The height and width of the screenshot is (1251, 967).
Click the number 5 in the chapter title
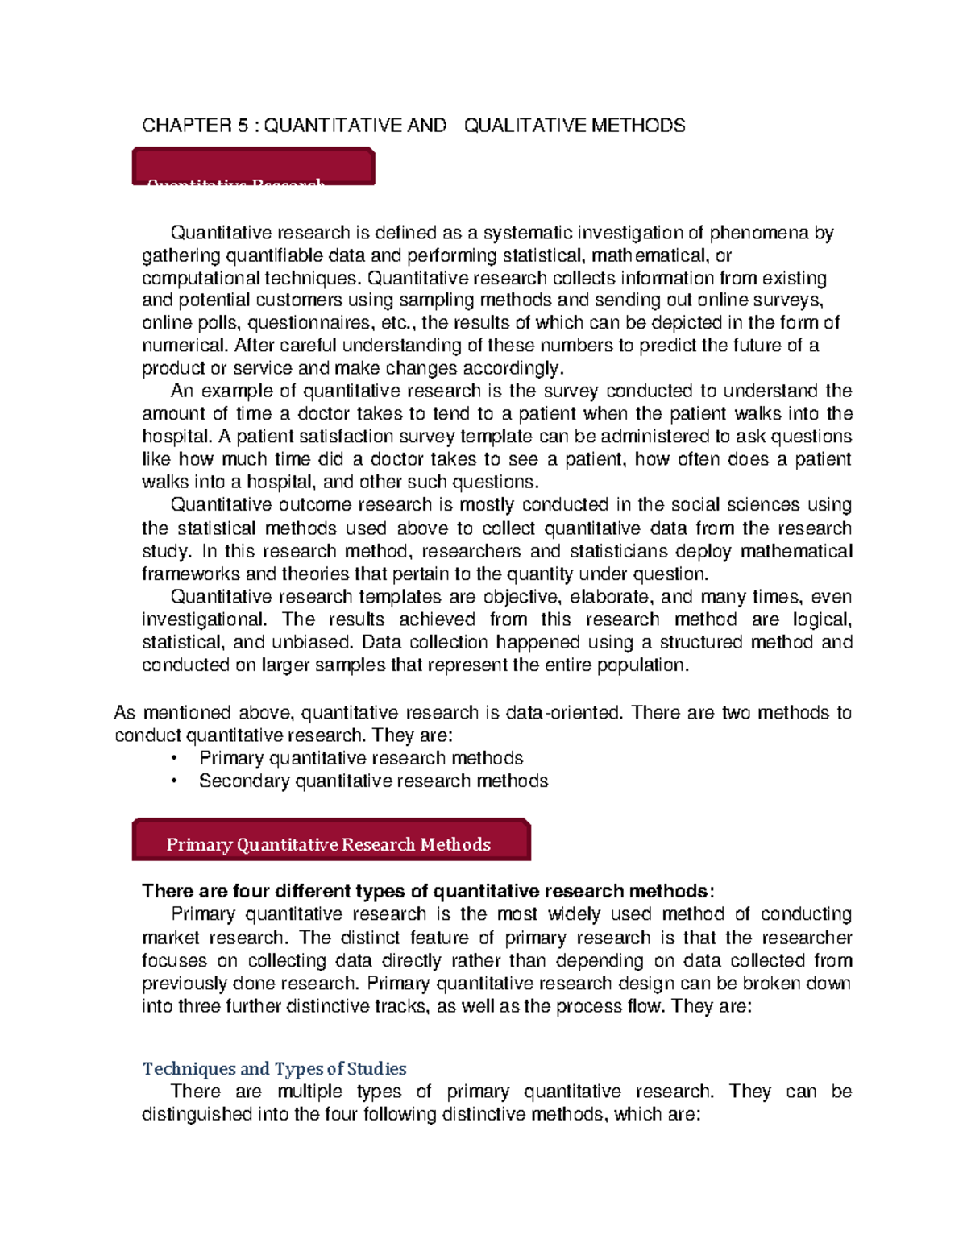[243, 126]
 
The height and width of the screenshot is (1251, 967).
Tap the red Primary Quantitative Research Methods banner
[330, 842]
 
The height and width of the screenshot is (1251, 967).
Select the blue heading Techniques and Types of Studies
[274, 1069]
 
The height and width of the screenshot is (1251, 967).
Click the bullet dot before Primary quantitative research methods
[174, 759]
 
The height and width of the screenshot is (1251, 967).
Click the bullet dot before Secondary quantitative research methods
[174, 781]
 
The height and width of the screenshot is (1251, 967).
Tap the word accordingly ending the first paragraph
[516, 369]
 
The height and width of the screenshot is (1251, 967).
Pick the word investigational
[203, 619]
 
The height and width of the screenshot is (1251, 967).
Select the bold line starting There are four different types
[427, 891]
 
